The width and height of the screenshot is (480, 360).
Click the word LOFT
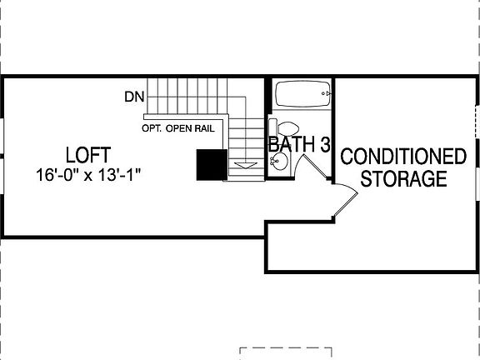pos(88,155)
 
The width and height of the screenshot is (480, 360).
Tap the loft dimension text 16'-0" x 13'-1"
pos(87,176)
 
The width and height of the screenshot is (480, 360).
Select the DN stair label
pos(134,97)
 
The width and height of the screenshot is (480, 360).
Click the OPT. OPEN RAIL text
pos(178,128)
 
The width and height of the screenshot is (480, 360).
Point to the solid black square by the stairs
pos(211,164)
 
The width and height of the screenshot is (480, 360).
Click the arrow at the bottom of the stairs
pos(244,166)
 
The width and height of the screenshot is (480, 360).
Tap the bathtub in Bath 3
pos(302,94)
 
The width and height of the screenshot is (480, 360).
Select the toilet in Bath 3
pos(289,132)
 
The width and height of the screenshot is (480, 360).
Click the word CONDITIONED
pos(403,157)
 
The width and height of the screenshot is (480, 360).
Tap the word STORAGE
pos(403,178)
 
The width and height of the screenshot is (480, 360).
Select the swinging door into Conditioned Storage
pos(343,200)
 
